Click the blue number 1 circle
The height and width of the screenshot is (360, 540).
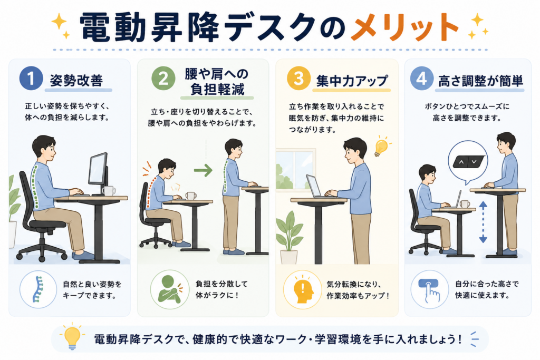click(x=31, y=79)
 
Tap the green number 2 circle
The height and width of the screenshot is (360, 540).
click(x=163, y=79)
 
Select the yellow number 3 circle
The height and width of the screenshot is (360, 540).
click(x=298, y=79)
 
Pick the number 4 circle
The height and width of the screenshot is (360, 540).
click(x=421, y=79)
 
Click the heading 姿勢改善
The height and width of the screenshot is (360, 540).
click(x=76, y=80)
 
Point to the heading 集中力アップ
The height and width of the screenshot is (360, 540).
click(x=352, y=81)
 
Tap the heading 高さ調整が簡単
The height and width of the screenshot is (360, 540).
click(x=480, y=81)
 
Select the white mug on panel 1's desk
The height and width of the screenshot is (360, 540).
click(x=109, y=191)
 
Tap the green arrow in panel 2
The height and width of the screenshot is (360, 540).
click(x=203, y=170)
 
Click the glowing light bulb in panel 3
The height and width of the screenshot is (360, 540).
click(x=381, y=147)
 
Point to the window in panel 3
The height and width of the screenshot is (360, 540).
click(x=295, y=169)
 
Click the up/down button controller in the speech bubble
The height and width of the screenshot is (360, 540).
click(x=468, y=161)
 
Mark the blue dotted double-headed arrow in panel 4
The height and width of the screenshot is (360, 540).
click(x=483, y=222)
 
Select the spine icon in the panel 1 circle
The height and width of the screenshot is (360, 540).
click(x=38, y=289)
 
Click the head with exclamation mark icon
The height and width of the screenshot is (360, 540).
click(x=304, y=289)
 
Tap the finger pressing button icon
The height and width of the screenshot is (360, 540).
click(x=429, y=290)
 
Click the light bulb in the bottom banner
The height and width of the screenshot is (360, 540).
click(x=72, y=337)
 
